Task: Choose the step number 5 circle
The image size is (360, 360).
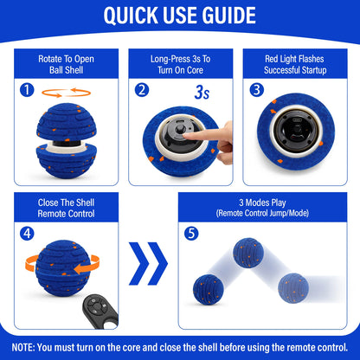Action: [192, 232]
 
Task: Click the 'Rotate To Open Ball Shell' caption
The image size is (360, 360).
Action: [66, 64]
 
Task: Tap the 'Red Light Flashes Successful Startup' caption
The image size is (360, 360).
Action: [293, 64]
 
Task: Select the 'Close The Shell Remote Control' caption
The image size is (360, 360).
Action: [66, 207]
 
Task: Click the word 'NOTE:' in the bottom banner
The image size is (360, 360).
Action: [24, 344]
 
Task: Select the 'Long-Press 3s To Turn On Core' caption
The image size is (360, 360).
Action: [180, 64]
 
